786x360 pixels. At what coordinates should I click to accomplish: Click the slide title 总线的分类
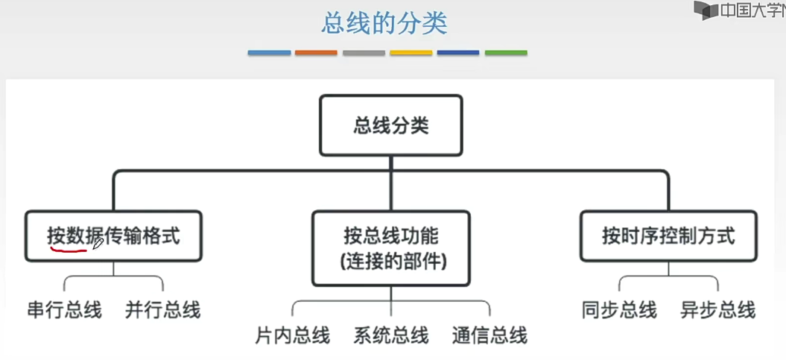[384, 23]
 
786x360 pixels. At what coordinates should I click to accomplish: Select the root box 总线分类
[390, 124]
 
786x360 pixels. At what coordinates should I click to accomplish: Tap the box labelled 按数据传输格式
[113, 236]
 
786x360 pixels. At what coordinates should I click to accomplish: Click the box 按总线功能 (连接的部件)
[391, 248]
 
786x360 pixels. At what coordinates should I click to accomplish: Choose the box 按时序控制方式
[668, 236]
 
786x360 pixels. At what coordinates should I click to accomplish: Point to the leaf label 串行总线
[64, 310]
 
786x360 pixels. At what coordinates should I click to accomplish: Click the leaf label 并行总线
[163, 310]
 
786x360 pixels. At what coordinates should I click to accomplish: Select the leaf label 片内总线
[292, 335]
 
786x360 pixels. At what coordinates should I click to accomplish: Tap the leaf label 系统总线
[391, 335]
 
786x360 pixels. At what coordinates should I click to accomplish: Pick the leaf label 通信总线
[489, 335]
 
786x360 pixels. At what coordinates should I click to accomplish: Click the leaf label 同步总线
[619, 310]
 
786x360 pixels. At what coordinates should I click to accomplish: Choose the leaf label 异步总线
[718, 310]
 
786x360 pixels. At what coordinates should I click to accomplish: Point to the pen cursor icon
[98, 243]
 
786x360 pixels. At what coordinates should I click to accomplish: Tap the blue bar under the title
[269, 53]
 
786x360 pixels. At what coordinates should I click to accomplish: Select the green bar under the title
[506, 53]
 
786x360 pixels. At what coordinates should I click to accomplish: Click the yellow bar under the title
[411, 53]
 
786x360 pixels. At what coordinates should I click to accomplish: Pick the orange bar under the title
[317, 53]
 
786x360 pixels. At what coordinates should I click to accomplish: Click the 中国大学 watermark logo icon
[705, 10]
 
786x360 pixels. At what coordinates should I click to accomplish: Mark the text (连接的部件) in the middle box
[391, 262]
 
